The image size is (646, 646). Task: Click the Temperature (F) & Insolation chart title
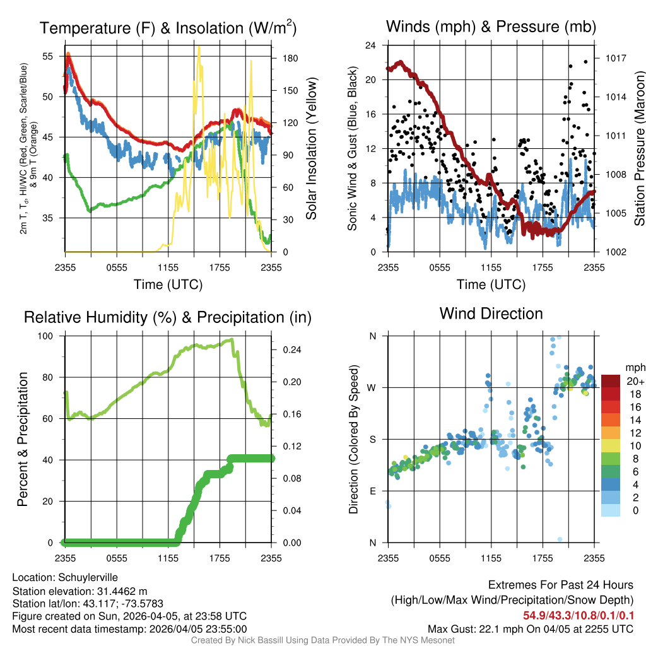click(168, 28)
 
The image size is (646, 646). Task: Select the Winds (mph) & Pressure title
click(491, 26)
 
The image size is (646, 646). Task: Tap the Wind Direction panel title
click(491, 314)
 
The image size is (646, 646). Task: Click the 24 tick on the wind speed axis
click(372, 45)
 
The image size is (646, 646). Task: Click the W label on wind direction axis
click(372, 387)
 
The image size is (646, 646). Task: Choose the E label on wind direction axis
click(372, 491)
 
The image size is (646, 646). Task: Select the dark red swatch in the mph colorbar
click(611, 382)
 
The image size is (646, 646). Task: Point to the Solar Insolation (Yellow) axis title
click(311, 149)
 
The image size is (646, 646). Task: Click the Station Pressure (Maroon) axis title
click(639, 149)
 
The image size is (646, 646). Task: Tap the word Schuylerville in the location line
click(88, 577)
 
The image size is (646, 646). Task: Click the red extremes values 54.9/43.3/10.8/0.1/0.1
click(577, 615)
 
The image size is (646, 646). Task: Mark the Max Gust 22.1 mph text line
click(530, 628)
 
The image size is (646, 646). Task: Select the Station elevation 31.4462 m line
click(79, 590)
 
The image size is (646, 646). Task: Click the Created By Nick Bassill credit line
click(322, 640)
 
